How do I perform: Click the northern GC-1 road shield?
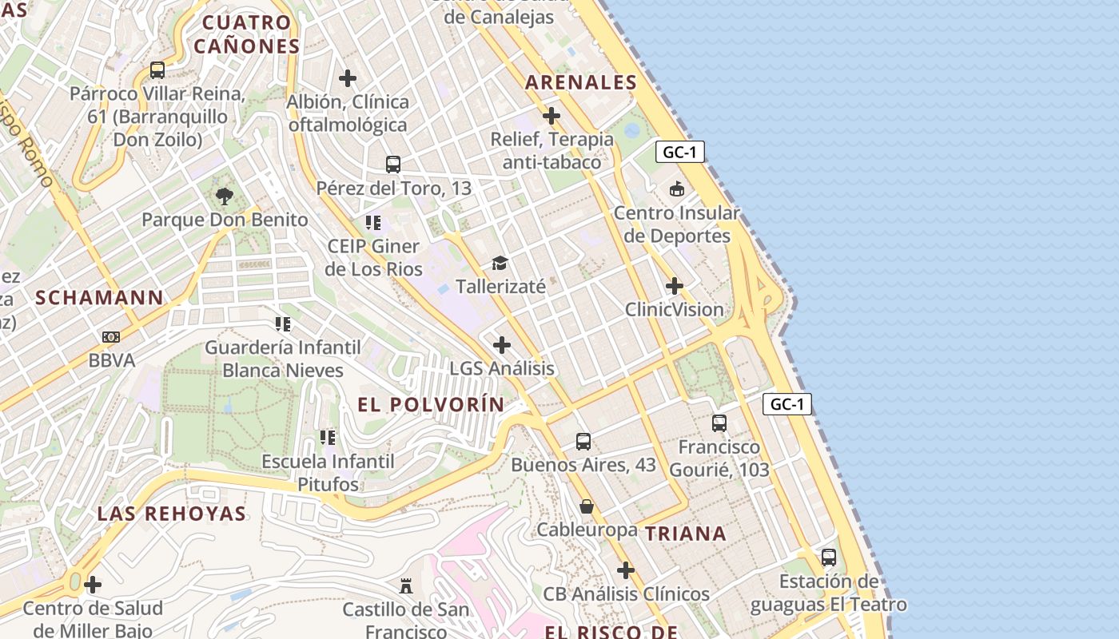pos(680,152)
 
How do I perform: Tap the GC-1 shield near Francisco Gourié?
pos(787,404)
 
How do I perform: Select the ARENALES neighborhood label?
pos(581,82)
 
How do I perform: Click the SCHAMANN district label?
pos(99,298)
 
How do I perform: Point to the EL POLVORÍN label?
pos(432,405)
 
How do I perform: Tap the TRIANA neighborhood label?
pos(686,534)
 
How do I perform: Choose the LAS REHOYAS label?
pos(172,514)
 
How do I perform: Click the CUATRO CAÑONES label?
pos(246,34)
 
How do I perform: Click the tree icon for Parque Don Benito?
pos(225,196)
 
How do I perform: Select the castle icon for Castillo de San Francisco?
pos(406,586)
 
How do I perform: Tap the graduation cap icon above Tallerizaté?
pos(500,263)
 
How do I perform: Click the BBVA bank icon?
pos(111,337)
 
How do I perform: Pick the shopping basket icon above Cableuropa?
pos(587,506)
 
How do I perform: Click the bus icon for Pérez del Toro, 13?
pos(393,165)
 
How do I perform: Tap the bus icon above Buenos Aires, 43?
pos(583,441)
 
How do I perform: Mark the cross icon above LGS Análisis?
pos(502,345)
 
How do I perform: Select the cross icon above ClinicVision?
pos(675,286)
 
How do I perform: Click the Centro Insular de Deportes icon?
pos(677,189)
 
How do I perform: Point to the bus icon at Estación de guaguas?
pos(829,558)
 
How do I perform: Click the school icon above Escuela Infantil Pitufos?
pos(328,438)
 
